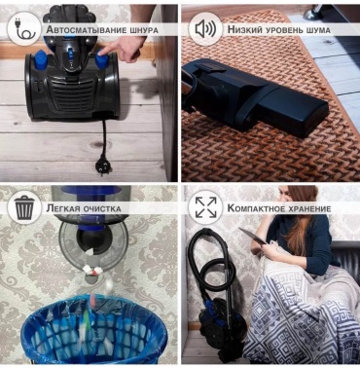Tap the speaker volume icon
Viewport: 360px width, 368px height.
click(205, 29)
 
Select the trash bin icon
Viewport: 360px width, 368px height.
click(24, 208)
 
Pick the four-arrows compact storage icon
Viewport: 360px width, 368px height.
click(205, 207)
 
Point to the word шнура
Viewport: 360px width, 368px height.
click(144, 30)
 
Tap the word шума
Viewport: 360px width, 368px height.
click(318, 30)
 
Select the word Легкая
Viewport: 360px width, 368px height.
click(63, 208)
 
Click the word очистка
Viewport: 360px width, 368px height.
click(102, 208)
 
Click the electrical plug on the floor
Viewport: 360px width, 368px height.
click(102, 166)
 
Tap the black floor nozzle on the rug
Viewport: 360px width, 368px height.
click(256, 96)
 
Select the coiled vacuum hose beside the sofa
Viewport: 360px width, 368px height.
click(212, 263)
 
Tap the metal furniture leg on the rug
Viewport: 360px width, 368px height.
click(312, 13)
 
